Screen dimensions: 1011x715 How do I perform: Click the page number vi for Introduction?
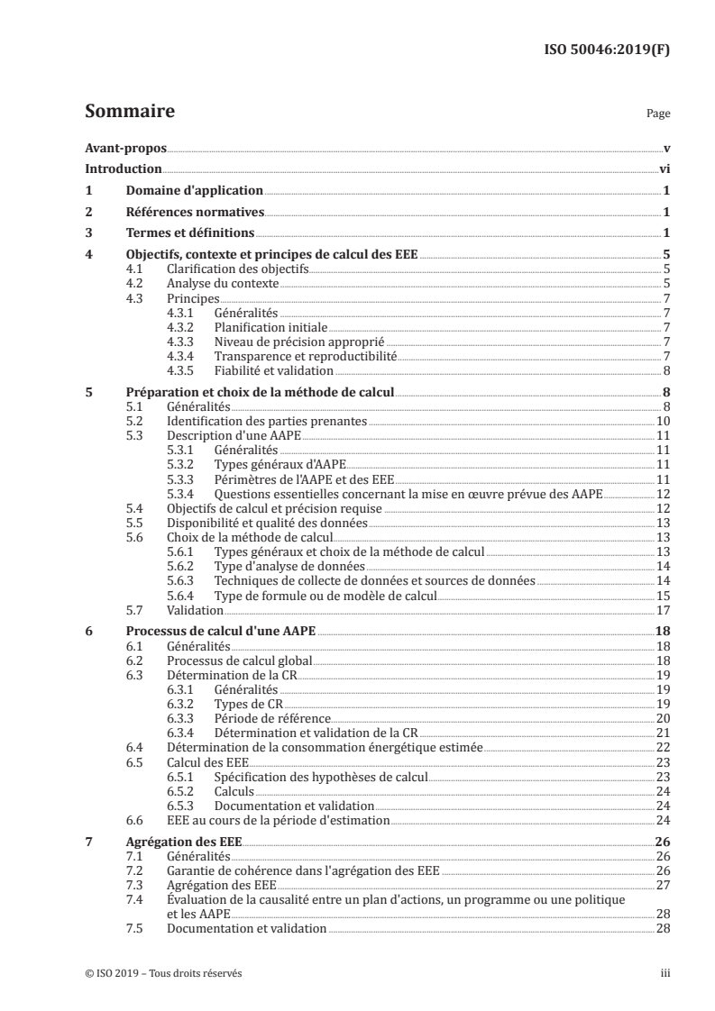[x=663, y=168]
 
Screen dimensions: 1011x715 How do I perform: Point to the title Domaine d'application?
[x=194, y=190]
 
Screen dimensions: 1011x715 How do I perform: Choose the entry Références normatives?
[x=195, y=212]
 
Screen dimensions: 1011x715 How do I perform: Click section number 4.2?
[x=133, y=284]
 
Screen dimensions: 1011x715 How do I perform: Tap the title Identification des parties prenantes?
[x=268, y=421]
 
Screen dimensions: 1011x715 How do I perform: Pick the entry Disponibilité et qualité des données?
[x=264, y=523]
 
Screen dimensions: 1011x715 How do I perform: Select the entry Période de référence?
[x=272, y=718]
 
